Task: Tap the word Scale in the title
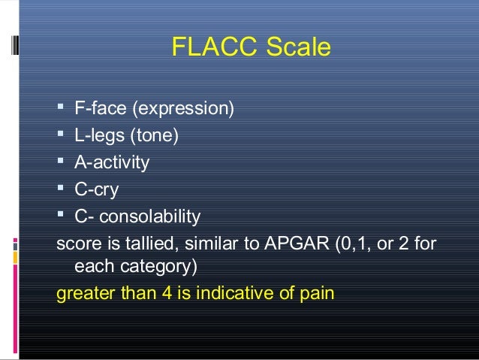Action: (x=297, y=47)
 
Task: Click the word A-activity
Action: (x=112, y=163)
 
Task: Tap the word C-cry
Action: (x=96, y=190)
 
